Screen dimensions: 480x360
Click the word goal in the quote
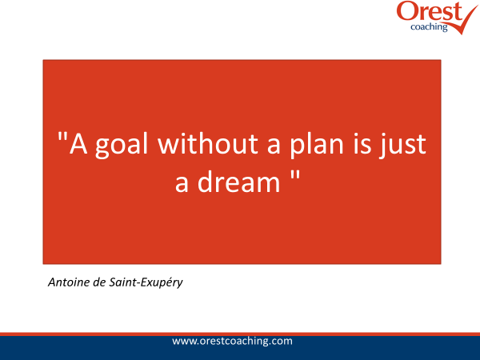(x=122, y=145)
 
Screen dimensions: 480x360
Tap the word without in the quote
(x=208, y=143)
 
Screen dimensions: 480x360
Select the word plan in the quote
(x=317, y=145)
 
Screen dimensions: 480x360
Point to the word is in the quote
(x=362, y=143)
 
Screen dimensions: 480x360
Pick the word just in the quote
(x=402, y=145)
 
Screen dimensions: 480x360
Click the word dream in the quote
(x=238, y=182)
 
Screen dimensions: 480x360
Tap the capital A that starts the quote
(x=78, y=143)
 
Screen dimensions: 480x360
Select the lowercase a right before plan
(x=274, y=146)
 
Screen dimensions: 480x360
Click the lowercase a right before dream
(x=182, y=185)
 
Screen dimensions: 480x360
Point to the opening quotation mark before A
(x=62, y=136)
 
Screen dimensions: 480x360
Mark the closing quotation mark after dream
(x=294, y=175)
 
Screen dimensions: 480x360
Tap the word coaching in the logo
(x=429, y=27)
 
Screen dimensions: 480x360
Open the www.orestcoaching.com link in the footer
(x=232, y=341)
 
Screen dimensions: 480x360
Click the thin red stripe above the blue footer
(x=240, y=334)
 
